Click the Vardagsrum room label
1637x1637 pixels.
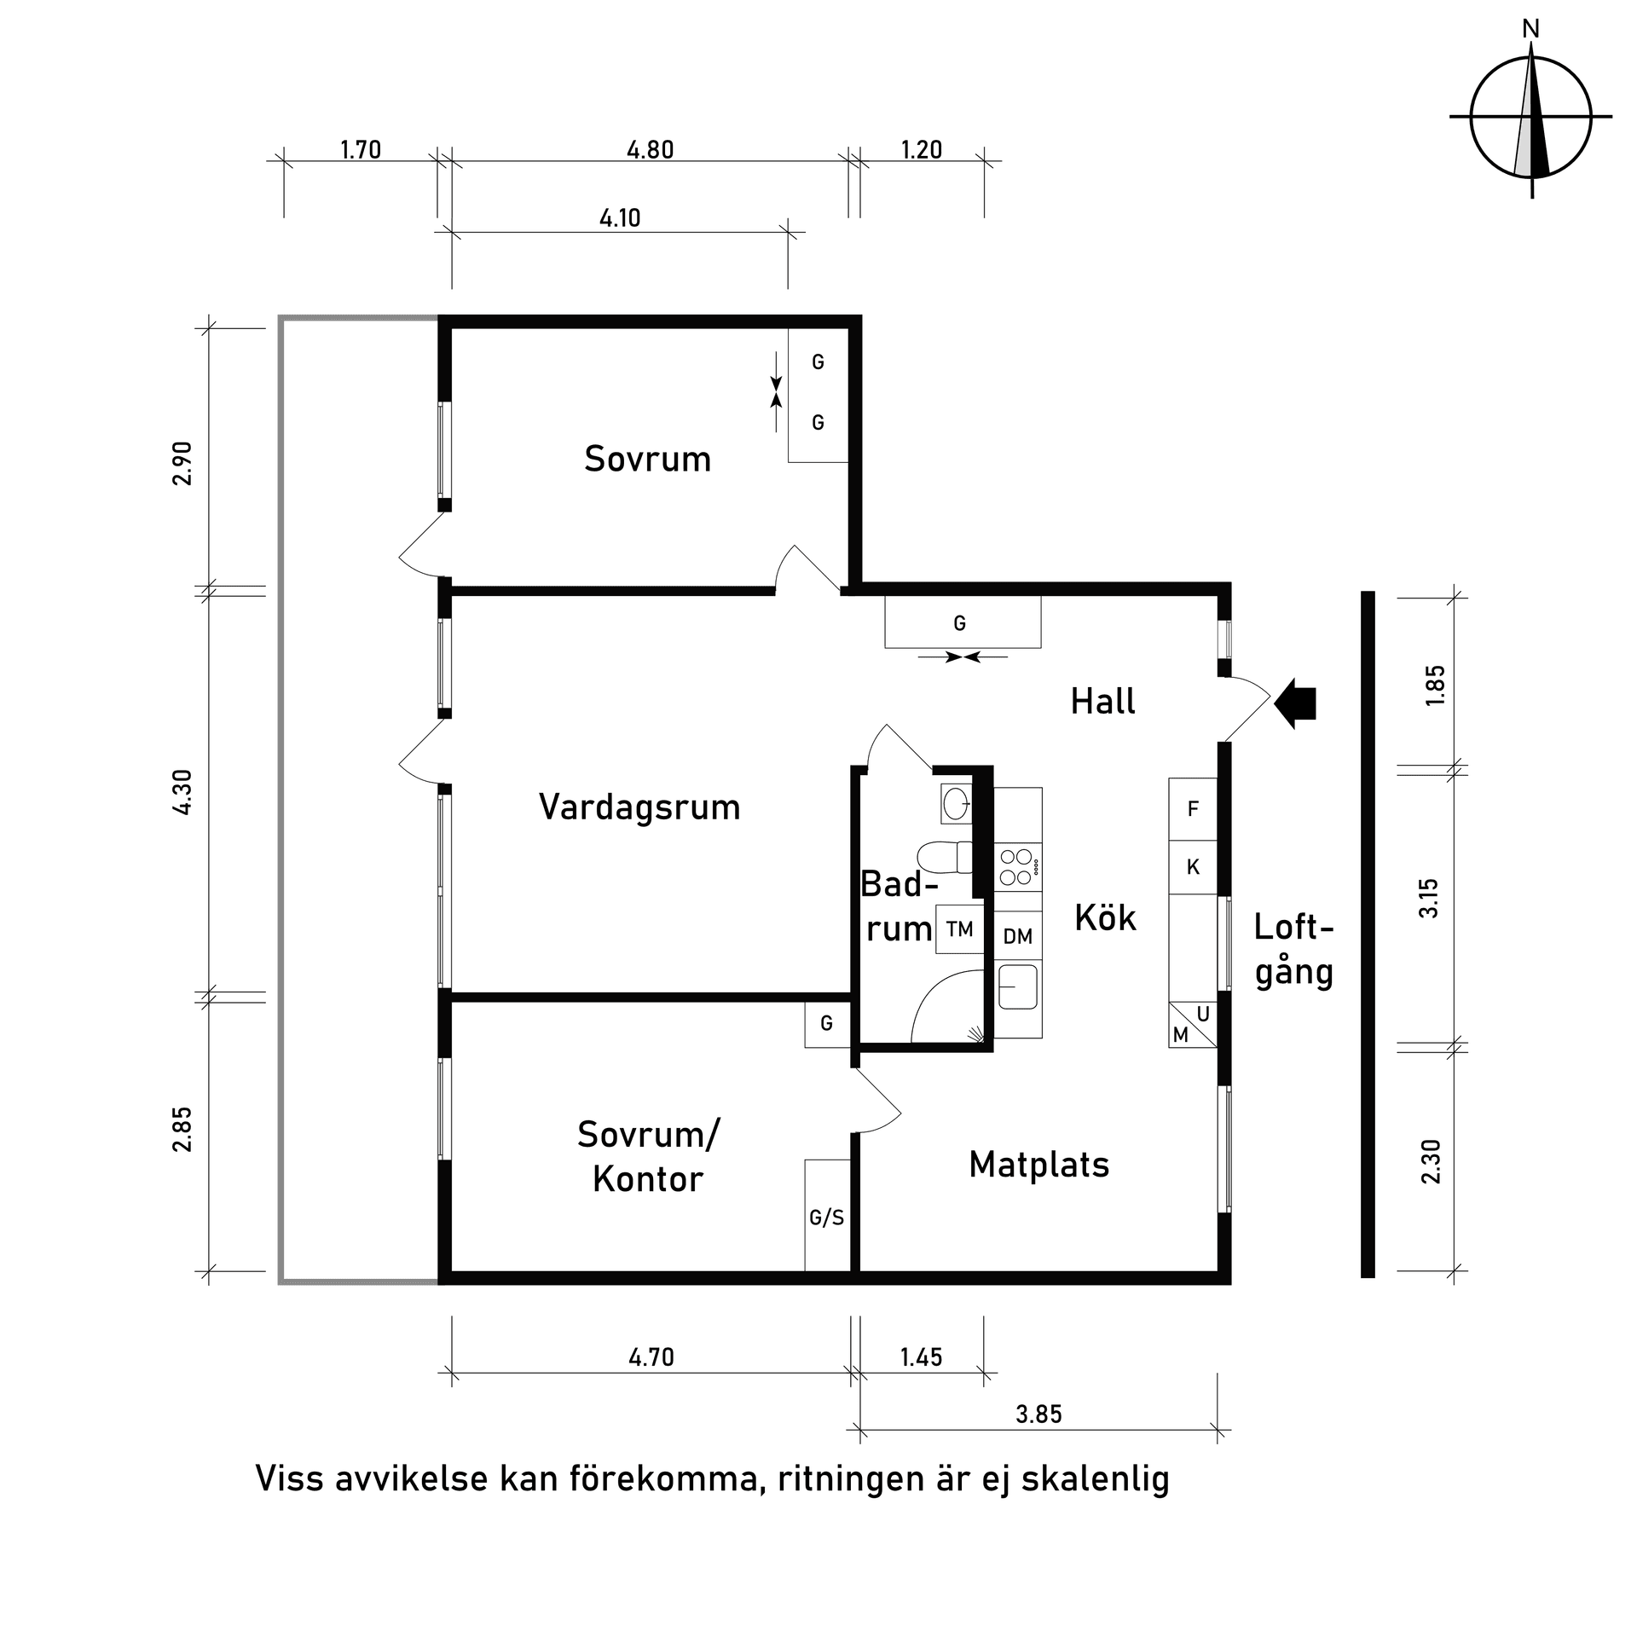(639, 807)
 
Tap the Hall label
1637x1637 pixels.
(1102, 702)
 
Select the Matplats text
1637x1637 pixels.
(1038, 1164)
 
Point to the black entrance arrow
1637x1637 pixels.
(1295, 703)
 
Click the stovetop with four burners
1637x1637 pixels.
(1018, 867)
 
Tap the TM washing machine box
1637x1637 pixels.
(959, 928)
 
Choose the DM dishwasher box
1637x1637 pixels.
(1017, 936)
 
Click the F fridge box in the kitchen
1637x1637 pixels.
(1193, 808)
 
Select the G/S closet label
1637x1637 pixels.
(826, 1218)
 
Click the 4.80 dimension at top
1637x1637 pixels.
(650, 150)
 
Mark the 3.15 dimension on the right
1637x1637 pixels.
(1429, 898)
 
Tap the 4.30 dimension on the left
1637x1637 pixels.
(182, 792)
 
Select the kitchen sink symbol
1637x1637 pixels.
(1018, 986)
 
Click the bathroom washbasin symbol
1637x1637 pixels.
(956, 802)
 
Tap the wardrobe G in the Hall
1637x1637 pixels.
(960, 623)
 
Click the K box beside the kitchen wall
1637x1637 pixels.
(1193, 867)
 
